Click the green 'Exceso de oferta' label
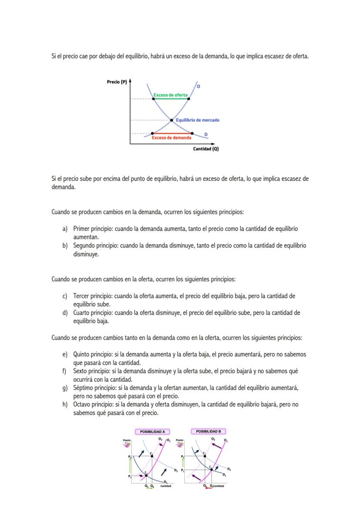pyautogui.click(x=170, y=95)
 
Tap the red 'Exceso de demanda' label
pyautogui.click(x=171, y=138)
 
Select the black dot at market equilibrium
pyautogui.click(x=171, y=120)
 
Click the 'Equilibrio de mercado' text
pyautogui.click(x=197, y=120)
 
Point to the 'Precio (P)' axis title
pyautogui.click(x=117, y=82)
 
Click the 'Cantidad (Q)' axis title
pyautogui.click(x=206, y=149)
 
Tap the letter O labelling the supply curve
pyautogui.click(x=199, y=86)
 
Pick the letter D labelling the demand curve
pyautogui.click(x=206, y=134)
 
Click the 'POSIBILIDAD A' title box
pyautogui.click(x=152, y=432)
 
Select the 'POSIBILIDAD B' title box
pyautogui.click(x=208, y=432)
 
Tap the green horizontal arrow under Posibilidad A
pyautogui.click(x=149, y=488)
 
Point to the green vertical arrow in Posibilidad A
pyautogui.click(x=130, y=466)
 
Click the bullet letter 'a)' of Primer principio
pyautogui.click(x=65, y=229)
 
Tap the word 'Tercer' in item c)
pyautogui.click(x=81, y=296)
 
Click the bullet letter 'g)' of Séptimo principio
pyautogui.click(x=65, y=388)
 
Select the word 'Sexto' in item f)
pyautogui.click(x=80, y=371)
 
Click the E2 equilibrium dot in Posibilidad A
pyautogui.click(x=151, y=456)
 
